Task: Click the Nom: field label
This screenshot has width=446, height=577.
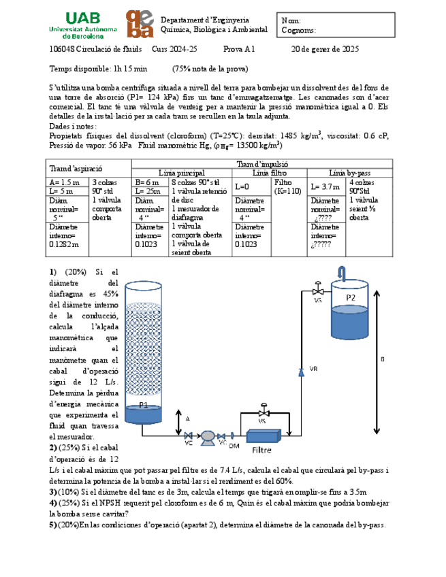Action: (291, 21)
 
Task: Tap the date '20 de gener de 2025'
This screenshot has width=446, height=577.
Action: (325, 50)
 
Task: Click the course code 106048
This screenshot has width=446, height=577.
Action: (63, 50)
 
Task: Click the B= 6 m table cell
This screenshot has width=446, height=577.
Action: (148, 182)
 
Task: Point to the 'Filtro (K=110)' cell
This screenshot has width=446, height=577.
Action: (287, 187)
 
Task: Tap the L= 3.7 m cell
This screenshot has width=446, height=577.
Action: (325, 186)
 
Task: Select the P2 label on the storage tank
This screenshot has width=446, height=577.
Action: (350, 297)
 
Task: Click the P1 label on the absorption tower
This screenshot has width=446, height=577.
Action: (144, 405)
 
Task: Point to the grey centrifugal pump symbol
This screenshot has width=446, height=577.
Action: (208, 436)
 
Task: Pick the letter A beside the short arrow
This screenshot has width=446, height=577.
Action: (188, 419)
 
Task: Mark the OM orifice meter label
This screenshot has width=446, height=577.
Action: (234, 446)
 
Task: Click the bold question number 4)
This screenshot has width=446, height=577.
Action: (53, 503)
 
